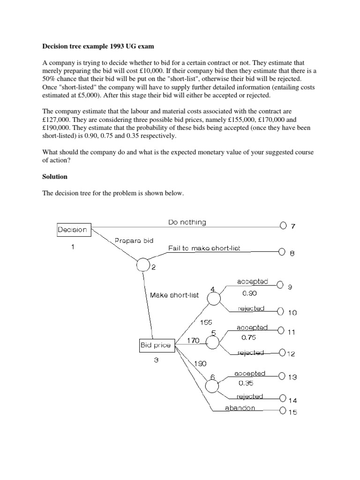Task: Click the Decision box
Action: [x=72, y=230]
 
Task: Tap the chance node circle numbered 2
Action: [x=143, y=265]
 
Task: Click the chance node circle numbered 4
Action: [x=214, y=298]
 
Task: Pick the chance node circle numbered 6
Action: [x=212, y=386]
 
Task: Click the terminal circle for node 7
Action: [x=283, y=226]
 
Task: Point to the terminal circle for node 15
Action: [x=283, y=412]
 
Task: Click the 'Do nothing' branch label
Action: [x=187, y=222]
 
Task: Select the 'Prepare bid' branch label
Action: [x=134, y=240]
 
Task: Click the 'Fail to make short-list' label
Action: [x=204, y=248]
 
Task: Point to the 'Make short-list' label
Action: [x=174, y=295]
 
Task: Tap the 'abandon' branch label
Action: [x=240, y=408]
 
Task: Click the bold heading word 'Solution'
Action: [x=55, y=177]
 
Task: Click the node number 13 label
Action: [x=292, y=377]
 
